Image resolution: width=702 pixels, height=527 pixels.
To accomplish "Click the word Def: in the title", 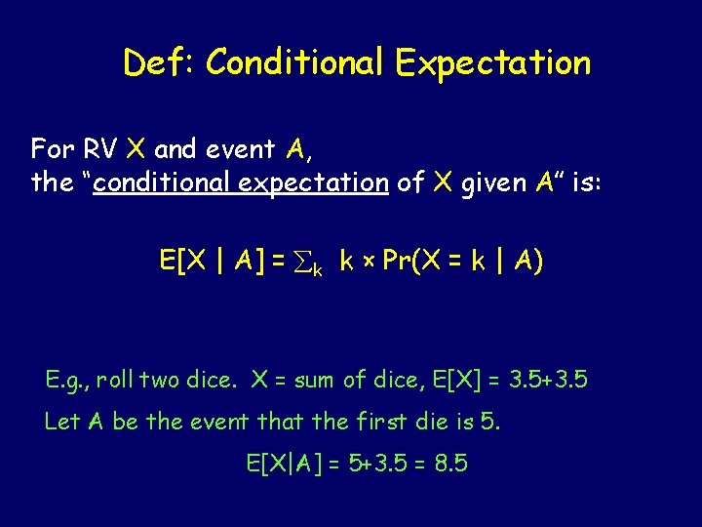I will (x=159, y=63).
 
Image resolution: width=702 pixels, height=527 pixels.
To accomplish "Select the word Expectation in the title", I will (x=492, y=63).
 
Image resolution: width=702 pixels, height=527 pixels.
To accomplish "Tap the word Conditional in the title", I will (x=296, y=63).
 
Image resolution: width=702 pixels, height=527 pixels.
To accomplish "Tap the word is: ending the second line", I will (x=587, y=182).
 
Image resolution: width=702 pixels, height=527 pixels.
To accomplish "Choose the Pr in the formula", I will (x=396, y=261).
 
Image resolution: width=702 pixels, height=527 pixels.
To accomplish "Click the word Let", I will (x=60, y=422).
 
